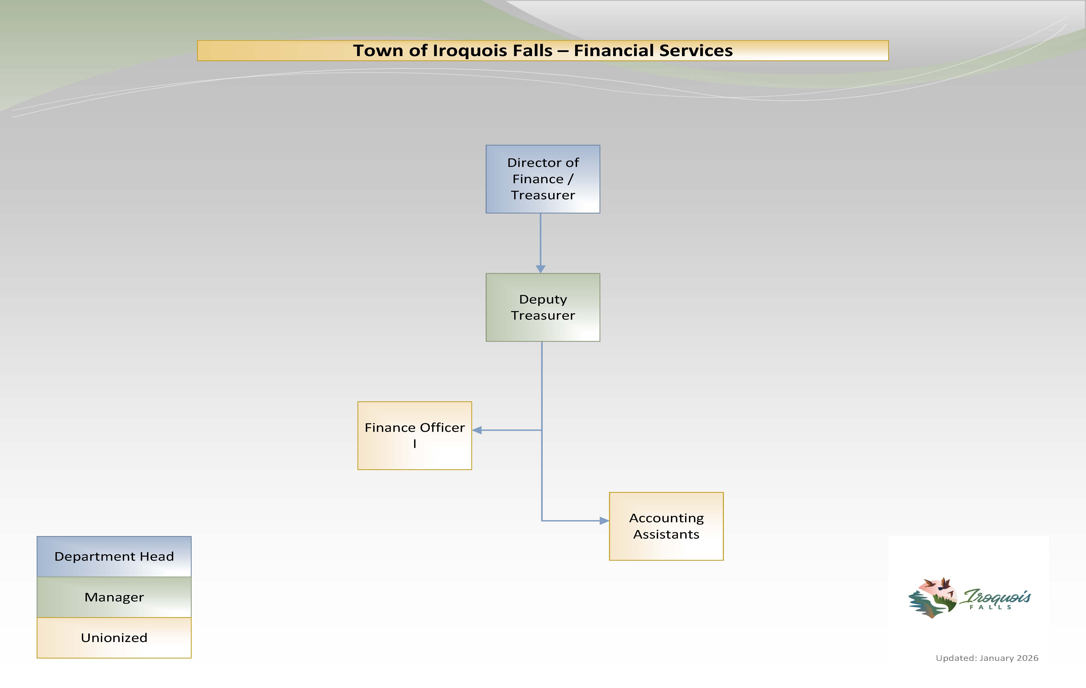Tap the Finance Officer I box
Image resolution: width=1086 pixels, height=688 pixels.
pyautogui.click(x=414, y=435)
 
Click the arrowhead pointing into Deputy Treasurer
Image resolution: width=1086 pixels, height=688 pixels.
pyautogui.click(x=540, y=269)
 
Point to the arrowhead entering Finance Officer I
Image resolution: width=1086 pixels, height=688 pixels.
pyautogui.click(x=477, y=430)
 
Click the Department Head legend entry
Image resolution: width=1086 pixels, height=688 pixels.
pyautogui.click(x=114, y=556)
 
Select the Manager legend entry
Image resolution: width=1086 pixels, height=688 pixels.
pyautogui.click(x=114, y=597)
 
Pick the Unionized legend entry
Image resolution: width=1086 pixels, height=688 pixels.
pyautogui.click(x=114, y=638)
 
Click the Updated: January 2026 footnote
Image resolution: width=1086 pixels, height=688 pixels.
pyautogui.click(x=987, y=658)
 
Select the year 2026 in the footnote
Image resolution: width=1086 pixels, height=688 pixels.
pyautogui.click(x=1027, y=658)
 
